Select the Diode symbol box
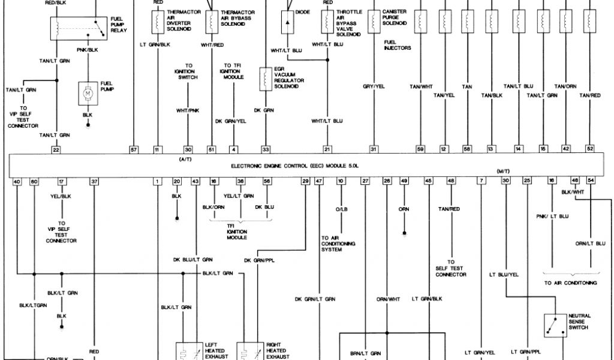tap(288, 22)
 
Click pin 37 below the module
tap(94, 181)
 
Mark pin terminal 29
tap(306, 181)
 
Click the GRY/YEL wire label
tap(373, 86)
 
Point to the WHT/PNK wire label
tap(188, 110)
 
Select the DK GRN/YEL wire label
tap(231, 121)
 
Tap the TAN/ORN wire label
tap(565, 86)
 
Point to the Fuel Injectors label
tap(398, 45)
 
